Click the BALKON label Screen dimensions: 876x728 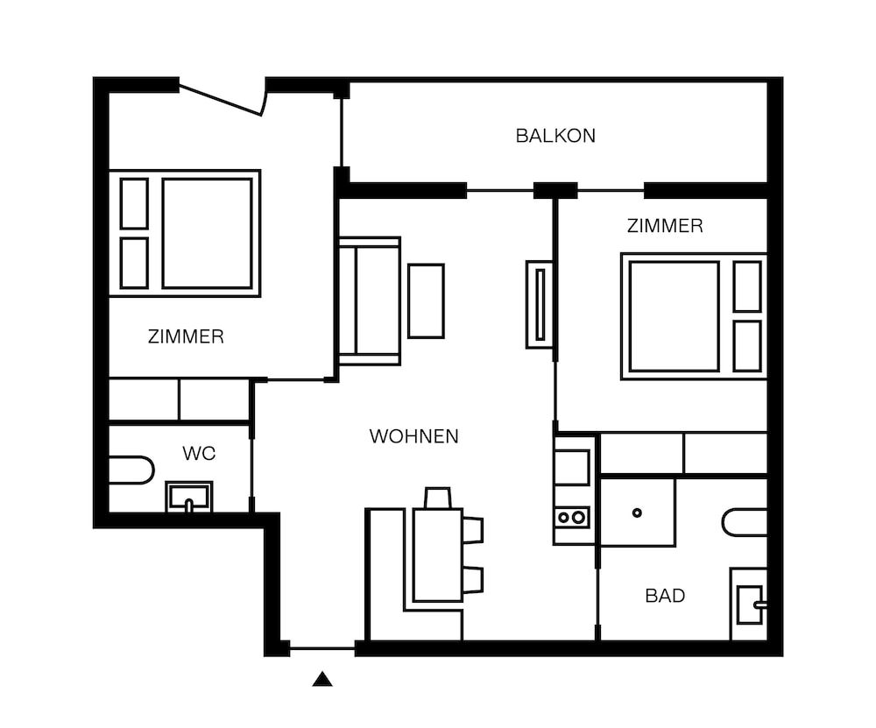coord(555,136)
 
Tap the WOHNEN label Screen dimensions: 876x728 coord(414,436)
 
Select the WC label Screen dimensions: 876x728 coord(199,454)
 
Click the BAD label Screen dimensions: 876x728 coord(665,596)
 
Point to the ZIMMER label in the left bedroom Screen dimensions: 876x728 coord(186,337)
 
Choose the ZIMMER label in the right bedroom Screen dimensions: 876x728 coord(665,226)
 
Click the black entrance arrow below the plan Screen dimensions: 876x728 coord(322,679)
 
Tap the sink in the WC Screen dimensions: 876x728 coord(189,496)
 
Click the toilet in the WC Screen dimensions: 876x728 coord(131,470)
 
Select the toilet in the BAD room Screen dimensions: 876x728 coord(744,522)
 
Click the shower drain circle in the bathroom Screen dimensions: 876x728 coord(637,512)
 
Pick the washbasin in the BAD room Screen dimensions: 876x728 coord(749,604)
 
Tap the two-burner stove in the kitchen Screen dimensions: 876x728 coord(571,518)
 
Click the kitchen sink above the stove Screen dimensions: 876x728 coord(571,467)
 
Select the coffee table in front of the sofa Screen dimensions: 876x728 coord(426,301)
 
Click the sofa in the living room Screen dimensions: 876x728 coord(370,301)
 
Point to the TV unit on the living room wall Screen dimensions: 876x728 coord(540,305)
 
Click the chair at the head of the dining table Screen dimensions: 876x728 coord(437,498)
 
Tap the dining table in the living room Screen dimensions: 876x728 coord(438,555)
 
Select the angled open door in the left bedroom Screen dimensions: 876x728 coord(221,98)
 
